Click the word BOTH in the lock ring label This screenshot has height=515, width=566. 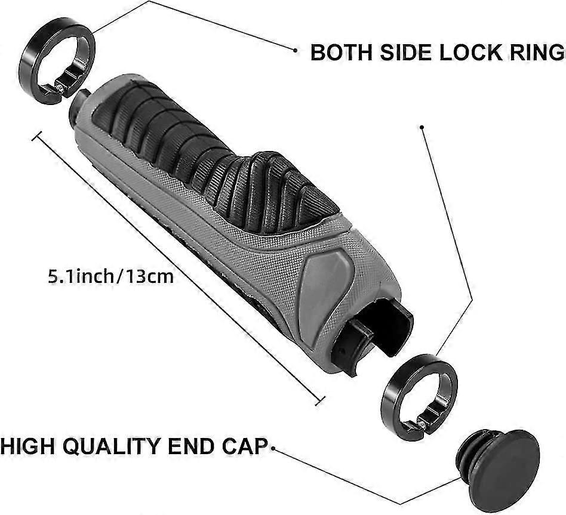pos(341,53)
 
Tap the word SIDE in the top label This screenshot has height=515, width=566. pos(406,53)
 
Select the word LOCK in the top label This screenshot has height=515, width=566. pos(470,53)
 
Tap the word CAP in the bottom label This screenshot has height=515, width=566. pos(244,446)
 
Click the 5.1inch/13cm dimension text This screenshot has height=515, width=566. pos(111,276)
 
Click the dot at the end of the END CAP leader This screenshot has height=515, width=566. pos(273,448)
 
